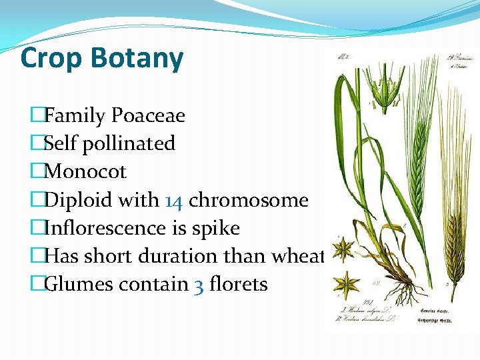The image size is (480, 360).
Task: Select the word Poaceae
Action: coord(148,116)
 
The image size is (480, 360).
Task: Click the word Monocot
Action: coord(85,171)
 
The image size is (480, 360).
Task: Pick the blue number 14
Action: coord(173,200)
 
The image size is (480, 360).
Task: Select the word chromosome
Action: coord(248,200)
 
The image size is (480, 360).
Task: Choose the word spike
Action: coord(215,228)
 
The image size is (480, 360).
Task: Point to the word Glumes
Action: coord(79,284)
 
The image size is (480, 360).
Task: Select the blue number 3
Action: coord(199,285)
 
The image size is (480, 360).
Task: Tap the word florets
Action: coord(238,284)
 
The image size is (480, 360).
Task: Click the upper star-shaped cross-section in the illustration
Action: coord(345,251)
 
